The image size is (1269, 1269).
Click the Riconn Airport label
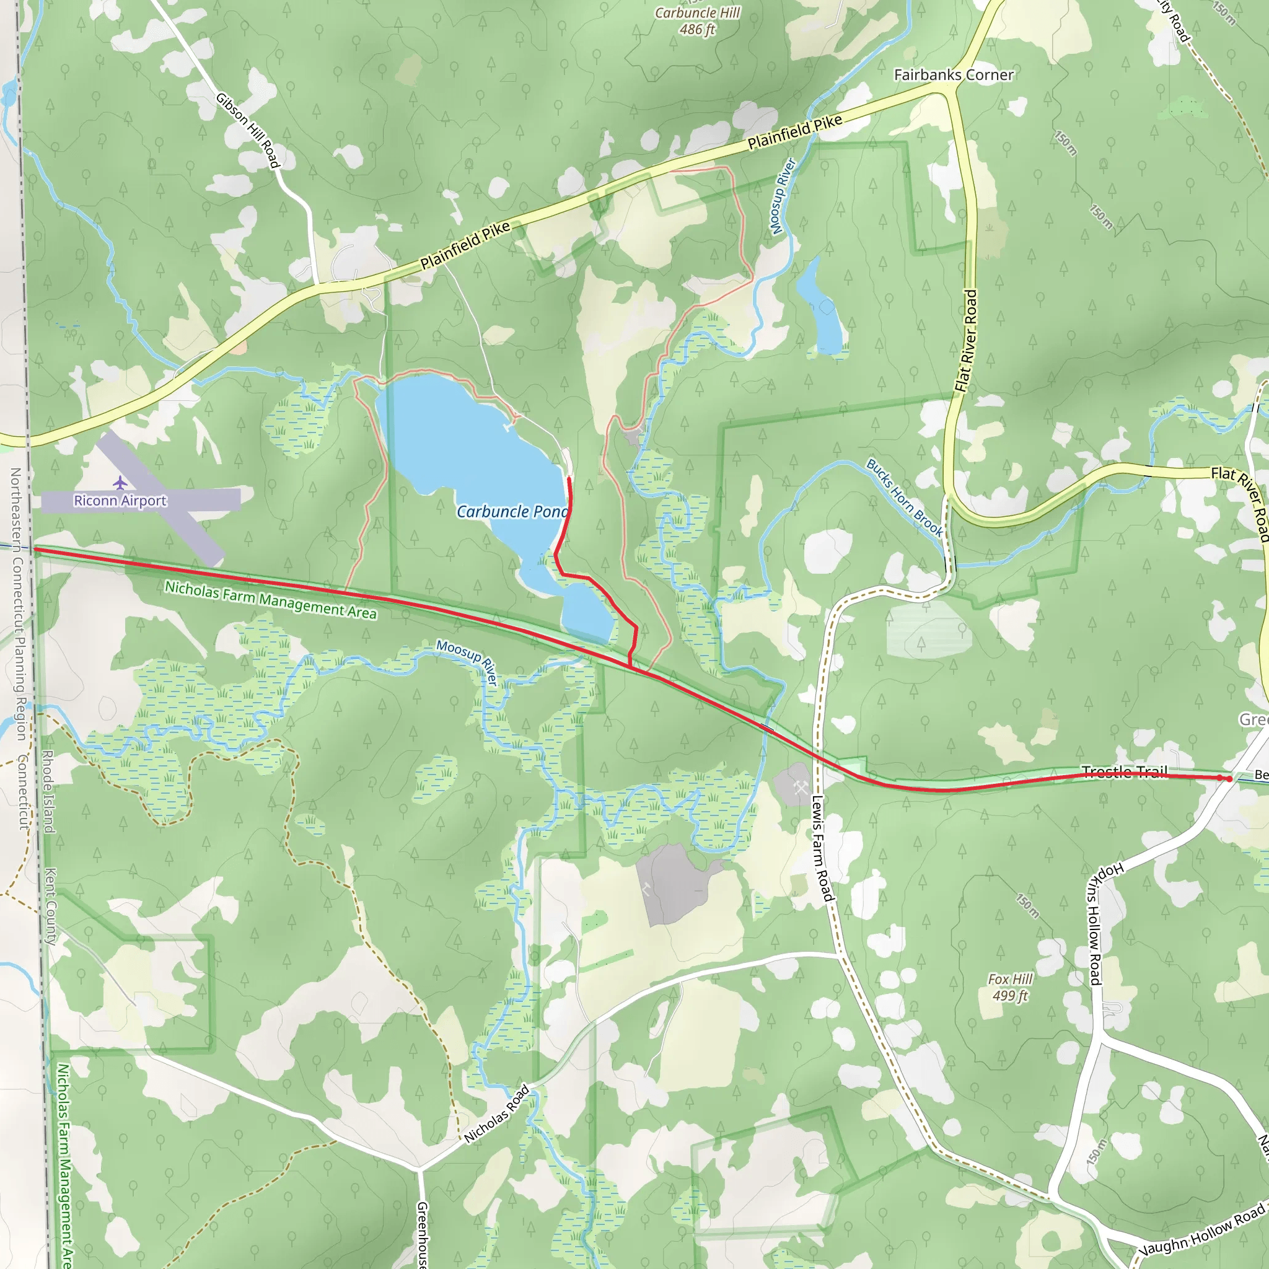coord(120,501)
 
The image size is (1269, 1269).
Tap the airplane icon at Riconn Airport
coord(120,483)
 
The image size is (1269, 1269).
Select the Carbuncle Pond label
coord(512,512)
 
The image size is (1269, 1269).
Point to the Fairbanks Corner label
coord(954,75)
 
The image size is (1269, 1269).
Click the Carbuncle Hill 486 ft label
coord(698,21)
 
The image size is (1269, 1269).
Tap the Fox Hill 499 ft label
coord(1010,987)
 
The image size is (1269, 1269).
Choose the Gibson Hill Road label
coord(248,130)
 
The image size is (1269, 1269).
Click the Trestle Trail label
coord(1125,771)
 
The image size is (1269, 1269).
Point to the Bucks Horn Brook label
coord(905,497)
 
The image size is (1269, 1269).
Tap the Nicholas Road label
coord(496,1115)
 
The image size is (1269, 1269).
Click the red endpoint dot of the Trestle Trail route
coord(1229,778)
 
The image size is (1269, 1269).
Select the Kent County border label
coord(51,907)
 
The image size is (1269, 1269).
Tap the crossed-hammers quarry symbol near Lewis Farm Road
coord(800,788)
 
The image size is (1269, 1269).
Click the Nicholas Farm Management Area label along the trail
coord(271,600)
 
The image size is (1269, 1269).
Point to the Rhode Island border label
coord(48,792)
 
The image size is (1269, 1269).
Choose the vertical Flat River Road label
coord(966,341)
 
